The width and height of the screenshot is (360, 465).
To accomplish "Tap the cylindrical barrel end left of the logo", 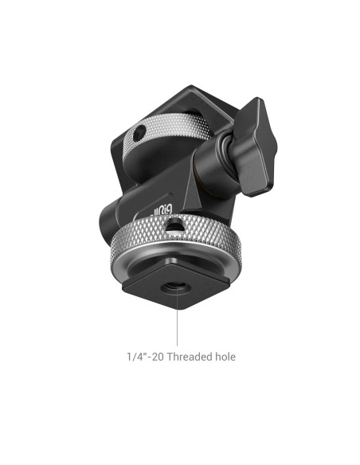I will click(x=111, y=219).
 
